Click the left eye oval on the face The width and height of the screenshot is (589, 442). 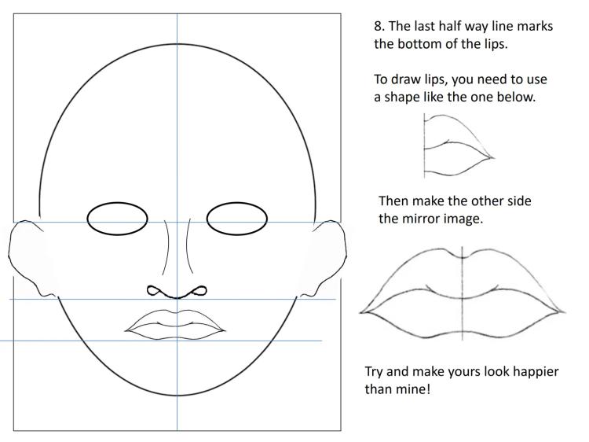pos(117,219)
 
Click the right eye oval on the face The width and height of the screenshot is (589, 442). pos(237,219)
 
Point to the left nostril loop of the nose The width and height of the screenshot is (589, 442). pos(155,291)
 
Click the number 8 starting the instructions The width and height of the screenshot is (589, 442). pos(377,27)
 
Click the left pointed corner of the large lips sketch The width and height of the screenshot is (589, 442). pos(362,312)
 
